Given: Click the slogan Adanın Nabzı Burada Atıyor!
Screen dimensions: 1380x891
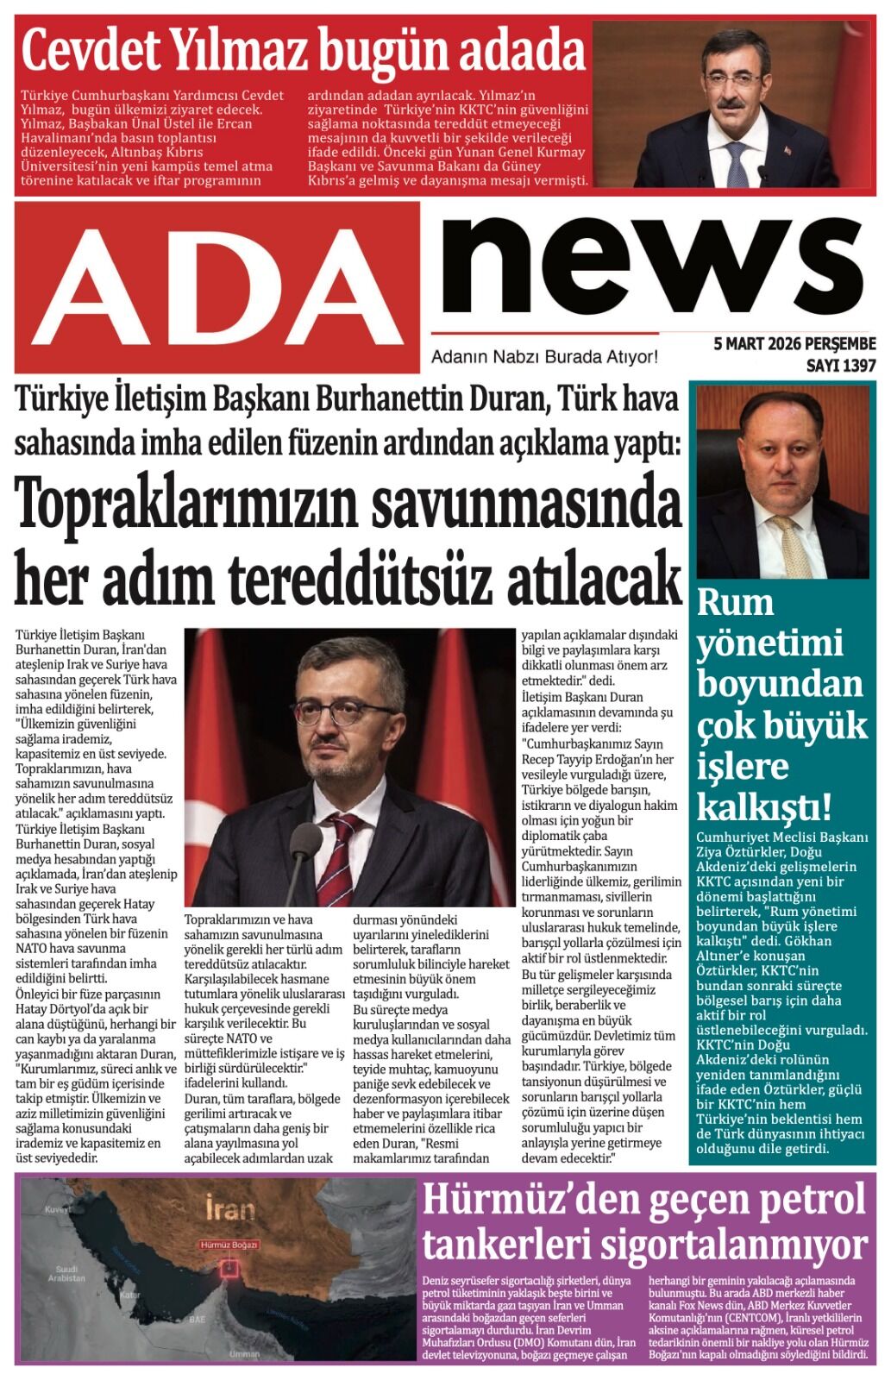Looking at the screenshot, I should [544, 356].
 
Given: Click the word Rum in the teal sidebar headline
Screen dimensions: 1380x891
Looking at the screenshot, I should [735, 602].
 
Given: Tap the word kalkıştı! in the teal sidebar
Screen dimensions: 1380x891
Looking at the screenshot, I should [764, 808].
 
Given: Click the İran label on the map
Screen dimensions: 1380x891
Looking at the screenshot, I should [230, 1208].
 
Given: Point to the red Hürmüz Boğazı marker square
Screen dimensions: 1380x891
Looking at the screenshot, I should [229, 1267].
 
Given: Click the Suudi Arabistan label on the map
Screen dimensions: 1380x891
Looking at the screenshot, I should [66, 1273].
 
